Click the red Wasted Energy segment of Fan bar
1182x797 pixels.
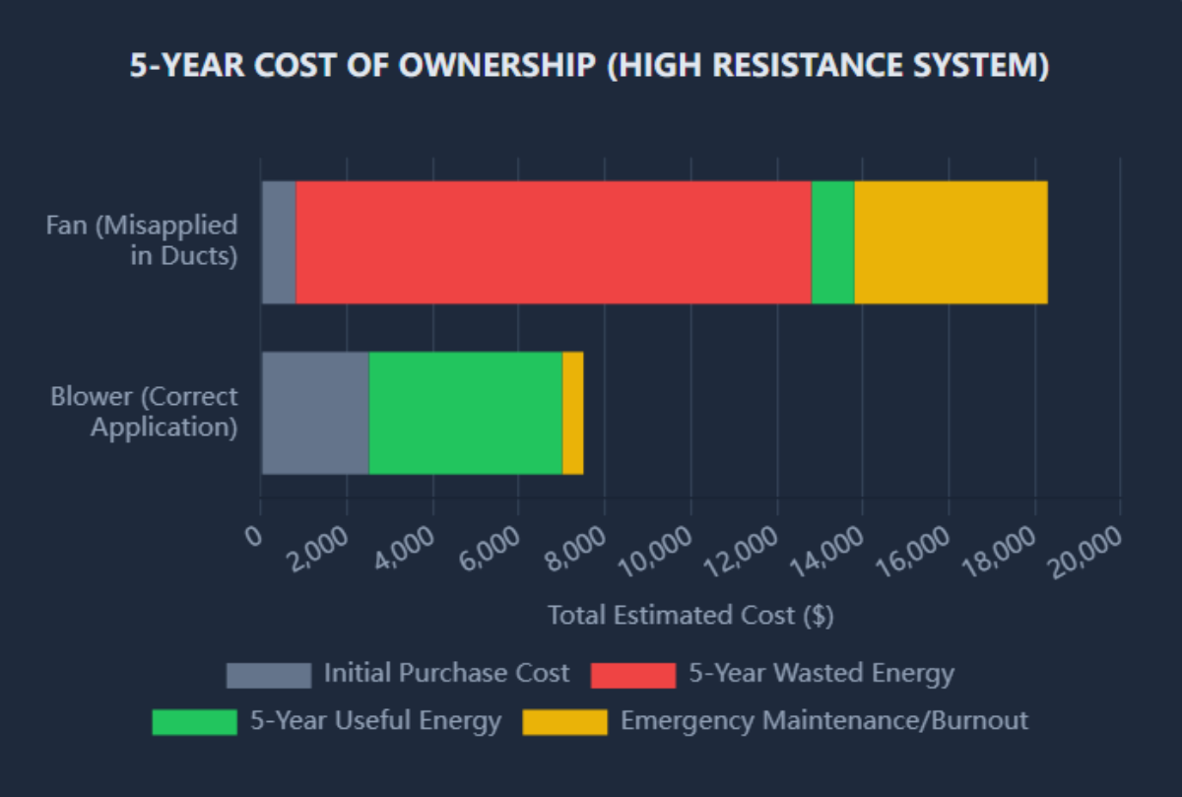[x=553, y=242]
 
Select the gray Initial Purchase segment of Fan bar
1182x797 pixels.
[x=279, y=242]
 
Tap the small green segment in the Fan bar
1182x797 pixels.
[x=832, y=242]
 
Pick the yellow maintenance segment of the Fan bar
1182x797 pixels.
[x=951, y=242]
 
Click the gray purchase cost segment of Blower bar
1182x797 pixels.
[x=315, y=413]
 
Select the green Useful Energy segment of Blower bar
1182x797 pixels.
[x=465, y=413]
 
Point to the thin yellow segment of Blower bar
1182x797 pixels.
[x=572, y=413]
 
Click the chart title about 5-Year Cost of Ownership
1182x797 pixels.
[x=590, y=66]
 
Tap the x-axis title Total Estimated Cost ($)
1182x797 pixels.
[x=690, y=616]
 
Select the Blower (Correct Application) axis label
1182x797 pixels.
[x=145, y=413]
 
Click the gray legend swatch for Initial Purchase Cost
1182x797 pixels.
[x=268, y=675]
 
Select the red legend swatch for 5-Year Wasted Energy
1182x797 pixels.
[x=632, y=675]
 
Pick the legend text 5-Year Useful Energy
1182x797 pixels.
[x=375, y=721]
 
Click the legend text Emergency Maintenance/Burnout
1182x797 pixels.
[x=823, y=721]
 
